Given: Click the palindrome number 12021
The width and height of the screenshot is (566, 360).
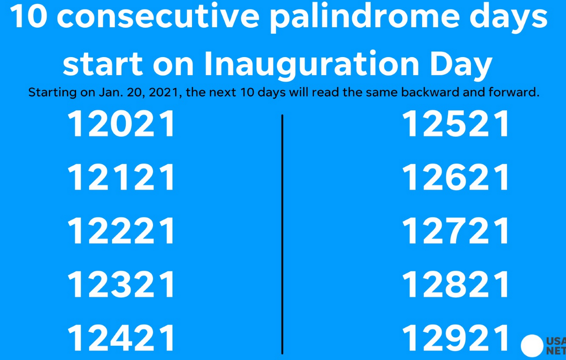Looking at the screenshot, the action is point(121,124).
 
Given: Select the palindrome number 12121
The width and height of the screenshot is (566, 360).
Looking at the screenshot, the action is point(121,177).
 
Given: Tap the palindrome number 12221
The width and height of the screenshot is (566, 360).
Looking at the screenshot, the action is point(121,231).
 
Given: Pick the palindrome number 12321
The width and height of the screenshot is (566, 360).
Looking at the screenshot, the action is point(121,284).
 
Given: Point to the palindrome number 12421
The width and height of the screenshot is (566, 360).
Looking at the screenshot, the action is point(121,338).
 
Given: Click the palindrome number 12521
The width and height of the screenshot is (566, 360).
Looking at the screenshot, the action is point(455,124).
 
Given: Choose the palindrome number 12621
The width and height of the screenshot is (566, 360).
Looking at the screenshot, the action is point(455,177).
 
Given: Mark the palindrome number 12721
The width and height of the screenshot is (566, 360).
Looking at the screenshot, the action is point(455,231).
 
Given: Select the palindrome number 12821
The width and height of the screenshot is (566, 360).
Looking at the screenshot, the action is point(455,284).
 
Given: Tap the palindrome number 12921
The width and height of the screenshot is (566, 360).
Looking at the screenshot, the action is point(455,338).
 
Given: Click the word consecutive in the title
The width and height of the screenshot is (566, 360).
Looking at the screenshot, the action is point(158,17).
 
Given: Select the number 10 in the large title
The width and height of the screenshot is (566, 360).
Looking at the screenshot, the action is point(28,16).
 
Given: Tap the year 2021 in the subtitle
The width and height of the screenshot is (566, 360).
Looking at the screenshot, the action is point(163,93).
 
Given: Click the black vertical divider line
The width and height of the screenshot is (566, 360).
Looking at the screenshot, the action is point(282,234).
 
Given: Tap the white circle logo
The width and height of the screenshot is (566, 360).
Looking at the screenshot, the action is point(532,345).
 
